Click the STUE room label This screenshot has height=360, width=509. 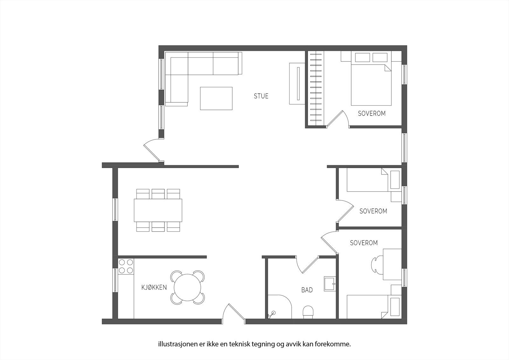coord(261,96)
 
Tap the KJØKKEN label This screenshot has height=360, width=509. coord(154,287)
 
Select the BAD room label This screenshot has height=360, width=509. coord(307,290)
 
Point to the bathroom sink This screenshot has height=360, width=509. coord(330,284)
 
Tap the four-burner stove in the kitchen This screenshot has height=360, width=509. coord(126,266)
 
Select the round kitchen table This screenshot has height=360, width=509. coord(187,287)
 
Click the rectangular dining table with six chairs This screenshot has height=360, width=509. coord(158,210)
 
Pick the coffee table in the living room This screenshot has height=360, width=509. coord(216,98)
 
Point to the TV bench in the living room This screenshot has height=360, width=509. coord(297,83)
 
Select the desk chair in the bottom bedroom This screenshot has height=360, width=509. coord(377,265)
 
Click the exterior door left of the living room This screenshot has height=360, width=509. coord(152,151)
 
